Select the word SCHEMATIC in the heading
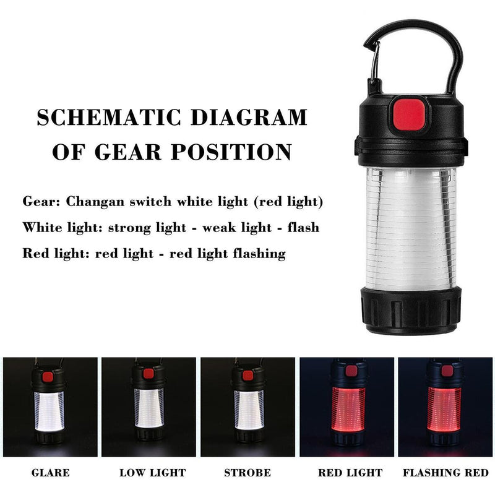[x=99, y=117]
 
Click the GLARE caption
[x=50, y=473]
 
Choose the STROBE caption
[x=247, y=473]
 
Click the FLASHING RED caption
[x=445, y=473]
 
